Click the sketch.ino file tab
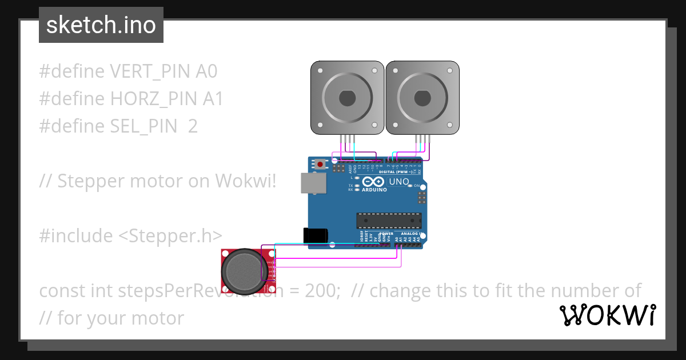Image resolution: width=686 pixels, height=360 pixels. click(101, 25)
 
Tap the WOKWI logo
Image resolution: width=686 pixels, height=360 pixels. click(607, 315)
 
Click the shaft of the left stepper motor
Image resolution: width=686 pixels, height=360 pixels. click(347, 98)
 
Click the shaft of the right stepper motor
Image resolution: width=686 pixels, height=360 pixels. click(422, 98)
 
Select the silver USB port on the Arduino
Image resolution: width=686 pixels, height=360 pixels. click(313, 183)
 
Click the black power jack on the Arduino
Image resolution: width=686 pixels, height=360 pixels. click(315, 235)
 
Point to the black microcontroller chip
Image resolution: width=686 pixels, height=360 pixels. click(389, 220)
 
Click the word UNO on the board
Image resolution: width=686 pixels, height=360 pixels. click(398, 182)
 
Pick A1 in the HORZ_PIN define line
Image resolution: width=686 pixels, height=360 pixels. click(213, 99)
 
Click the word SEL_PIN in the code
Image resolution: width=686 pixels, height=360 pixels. click(143, 126)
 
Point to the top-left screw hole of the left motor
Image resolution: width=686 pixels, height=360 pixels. click(320, 71)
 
